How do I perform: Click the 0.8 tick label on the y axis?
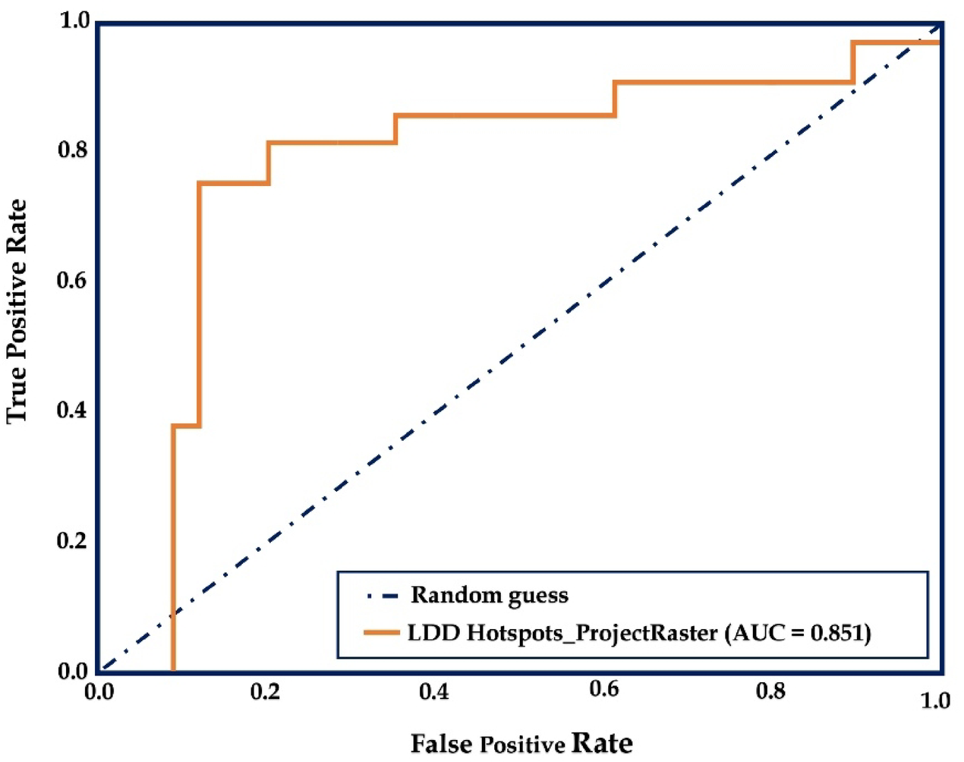[x=72, y=150]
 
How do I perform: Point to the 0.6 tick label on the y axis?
[x=72, y=280]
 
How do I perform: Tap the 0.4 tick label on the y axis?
[x=72, y=411]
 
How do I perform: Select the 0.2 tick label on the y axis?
[x=72, y=540]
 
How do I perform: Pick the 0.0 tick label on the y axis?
[x=72, y=671]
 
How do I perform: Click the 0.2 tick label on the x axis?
[x=265, y=691]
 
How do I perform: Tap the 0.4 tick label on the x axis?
[x=433, y=691]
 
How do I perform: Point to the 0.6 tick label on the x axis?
[x=603, y=689]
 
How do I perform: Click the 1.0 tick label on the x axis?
[x=935, y=700]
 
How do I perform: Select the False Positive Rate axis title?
[x=521, y=743]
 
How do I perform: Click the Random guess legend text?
[x=490, y=595]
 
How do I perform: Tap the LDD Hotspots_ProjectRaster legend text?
[x=562, y=632]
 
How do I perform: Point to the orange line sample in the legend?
[x=381, y=632]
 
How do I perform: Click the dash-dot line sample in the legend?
[x=381, y=596]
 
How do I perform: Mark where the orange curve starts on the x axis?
[x=174, y=669]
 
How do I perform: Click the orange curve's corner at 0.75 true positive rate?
[x=200, y=183]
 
